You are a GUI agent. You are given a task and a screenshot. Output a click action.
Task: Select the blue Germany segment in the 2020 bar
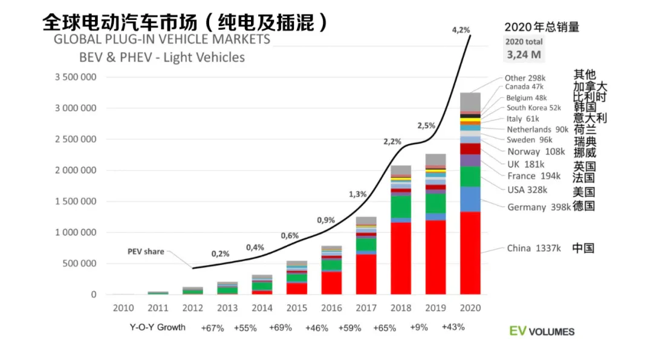point(470,199)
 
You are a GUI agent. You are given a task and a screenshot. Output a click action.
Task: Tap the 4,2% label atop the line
point(460,29)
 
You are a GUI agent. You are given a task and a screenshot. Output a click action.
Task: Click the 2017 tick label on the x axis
point(366,308)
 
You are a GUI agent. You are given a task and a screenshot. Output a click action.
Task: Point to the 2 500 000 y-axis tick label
point(75,139)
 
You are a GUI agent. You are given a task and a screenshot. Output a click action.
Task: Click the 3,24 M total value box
point(524,54)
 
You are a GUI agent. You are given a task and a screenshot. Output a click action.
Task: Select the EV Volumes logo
point(541,331)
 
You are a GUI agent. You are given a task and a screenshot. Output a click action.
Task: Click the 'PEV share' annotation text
point(145,252)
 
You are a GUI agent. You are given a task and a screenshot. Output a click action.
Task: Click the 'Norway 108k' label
point(535,152)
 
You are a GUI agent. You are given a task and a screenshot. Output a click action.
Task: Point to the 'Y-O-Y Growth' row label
point(157,327)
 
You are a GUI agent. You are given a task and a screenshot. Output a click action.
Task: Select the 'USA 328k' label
point(527,190)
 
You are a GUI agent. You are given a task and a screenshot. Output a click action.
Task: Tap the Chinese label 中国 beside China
point(583,248)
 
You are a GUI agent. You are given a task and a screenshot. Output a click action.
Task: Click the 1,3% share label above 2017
point(357,194)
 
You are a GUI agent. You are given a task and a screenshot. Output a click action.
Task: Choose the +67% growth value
point(213,328)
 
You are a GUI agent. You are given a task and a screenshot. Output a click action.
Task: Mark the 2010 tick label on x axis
point(123,308)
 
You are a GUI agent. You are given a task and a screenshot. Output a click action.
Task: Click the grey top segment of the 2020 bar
point(470,102)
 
